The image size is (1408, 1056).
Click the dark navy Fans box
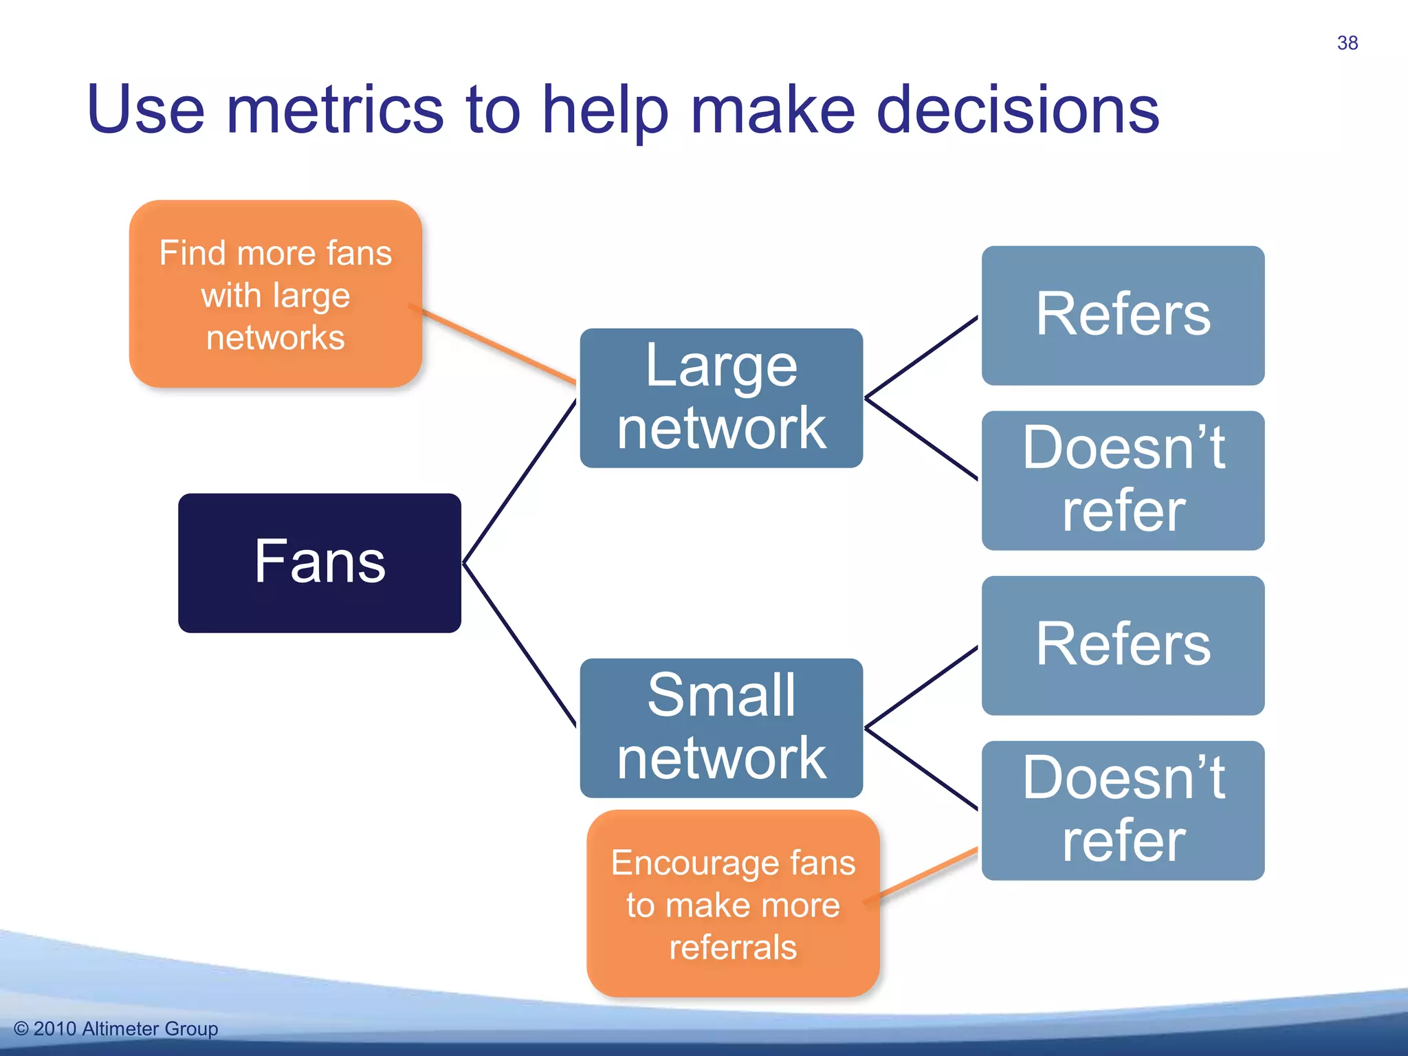[319, 562]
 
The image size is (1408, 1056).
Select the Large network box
[720, 397]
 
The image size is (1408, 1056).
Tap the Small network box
[720, 727]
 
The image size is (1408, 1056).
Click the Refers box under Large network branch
[1122, 315]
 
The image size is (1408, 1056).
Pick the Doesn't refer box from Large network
[1122, 480]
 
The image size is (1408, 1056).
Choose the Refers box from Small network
[1122, 645]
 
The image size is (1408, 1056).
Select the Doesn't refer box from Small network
[1122, 810]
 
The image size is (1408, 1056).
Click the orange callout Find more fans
[275, 294]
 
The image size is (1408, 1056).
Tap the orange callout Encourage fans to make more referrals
[733, 903]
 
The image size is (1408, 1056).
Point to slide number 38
[1347, 43]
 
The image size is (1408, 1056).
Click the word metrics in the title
[335, 110]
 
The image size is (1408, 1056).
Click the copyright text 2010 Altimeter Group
[117, 1028]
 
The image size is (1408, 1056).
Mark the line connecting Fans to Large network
[520, 481]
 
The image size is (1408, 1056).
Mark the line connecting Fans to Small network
[520, 645]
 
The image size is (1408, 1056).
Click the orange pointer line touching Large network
[498, 346]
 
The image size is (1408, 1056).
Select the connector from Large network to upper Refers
[921, 357]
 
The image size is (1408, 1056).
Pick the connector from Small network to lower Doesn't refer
[921, 769]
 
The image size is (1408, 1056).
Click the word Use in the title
[146, 110]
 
